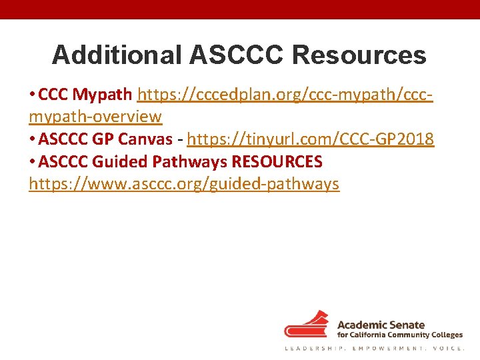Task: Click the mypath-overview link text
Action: (95, 117)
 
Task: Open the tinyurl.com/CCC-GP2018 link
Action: (311, 139)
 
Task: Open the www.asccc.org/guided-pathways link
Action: (184, 185)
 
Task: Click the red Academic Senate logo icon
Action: (307, 325)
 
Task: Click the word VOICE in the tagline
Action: (447, 349)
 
